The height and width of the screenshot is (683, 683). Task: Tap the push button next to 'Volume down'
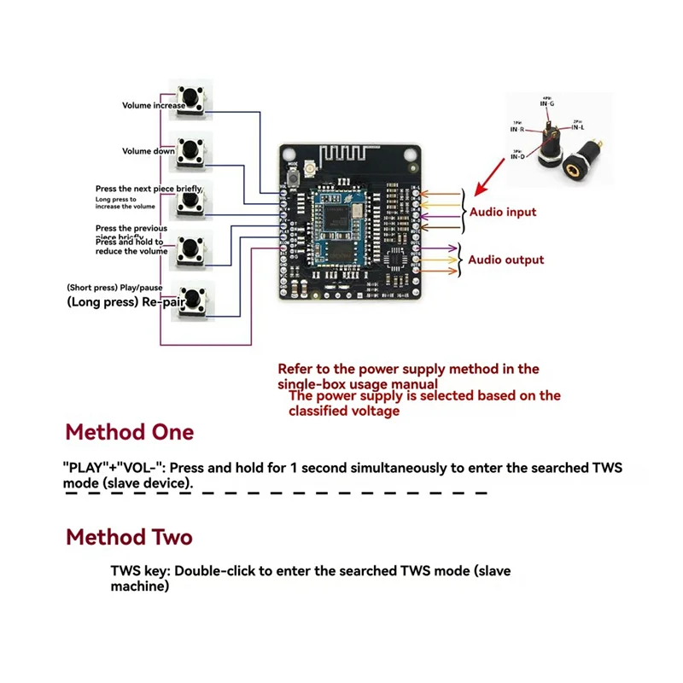[x=190, y=149]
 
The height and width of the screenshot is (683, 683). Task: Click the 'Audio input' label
[x=503, y=212]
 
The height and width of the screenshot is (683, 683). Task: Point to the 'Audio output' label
[x=505, y=260]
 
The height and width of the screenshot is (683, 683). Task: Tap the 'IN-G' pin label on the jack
[x=546, y=104]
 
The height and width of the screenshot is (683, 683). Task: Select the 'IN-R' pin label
[x=517, y=129]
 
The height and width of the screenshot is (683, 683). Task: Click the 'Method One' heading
[x=130, y=432]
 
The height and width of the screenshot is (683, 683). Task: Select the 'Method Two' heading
[x=130, y=537]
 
